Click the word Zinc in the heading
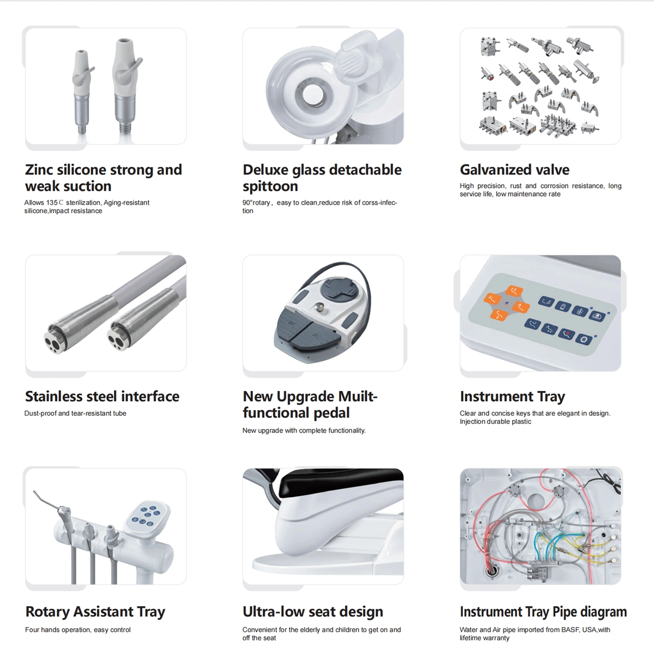click(x=39, y=170)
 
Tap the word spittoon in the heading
click(x=270, y=187)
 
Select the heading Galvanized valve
click(x=514, y=170)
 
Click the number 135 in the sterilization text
click(x=52, y=203)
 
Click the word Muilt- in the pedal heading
click(x=358, y=397)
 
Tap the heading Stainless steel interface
click(x=102, y=397)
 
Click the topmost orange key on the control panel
click(x=514, y=291)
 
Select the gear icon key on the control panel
click(x=584, y=339)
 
